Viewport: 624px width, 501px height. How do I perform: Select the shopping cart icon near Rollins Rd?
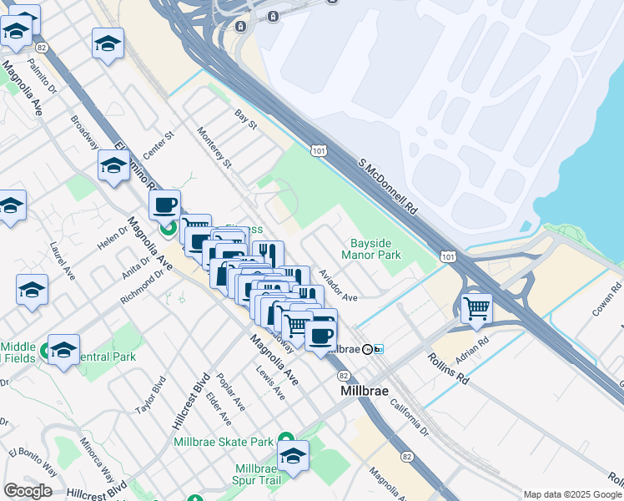476,308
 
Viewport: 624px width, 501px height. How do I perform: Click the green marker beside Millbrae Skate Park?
285,439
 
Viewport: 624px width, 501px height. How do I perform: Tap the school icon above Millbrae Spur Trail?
293,457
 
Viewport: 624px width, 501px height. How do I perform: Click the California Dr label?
408,417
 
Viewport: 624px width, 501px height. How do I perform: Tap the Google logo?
28,491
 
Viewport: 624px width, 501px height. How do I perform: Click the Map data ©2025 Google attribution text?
572,494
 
